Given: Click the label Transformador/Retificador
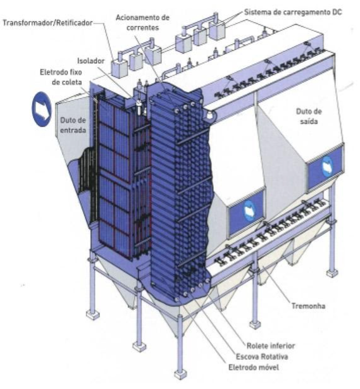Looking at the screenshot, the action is pyautogui.click(x=47, y=23).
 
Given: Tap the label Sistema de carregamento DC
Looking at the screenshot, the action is pyautogui.click(x=293, y=12).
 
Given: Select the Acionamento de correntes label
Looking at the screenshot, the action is pyautogui.click(x=142, y=23).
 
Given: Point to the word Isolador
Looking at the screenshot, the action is pyautogui.click(x=91, y=61).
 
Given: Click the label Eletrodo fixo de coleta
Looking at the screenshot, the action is pyautogui.click(x=61, y=77).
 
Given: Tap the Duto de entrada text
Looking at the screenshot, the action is pyautogui.click(x=73, y=125).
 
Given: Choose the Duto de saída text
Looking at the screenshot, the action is pyautogui.click(x=309, y=116).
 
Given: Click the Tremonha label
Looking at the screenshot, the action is pyautogui.click(x=308, y=306).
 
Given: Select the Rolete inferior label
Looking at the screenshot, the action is pyautogui.click(x=271, y=345).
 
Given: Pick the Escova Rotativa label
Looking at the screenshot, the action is pyautogui.click(x=262, y=357).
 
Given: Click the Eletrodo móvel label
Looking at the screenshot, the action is pyautogui.click(x=254, y=367).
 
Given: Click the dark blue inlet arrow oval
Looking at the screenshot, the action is pyautogui.click(x=41, y=109).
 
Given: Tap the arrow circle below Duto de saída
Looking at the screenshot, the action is pyautogui.click(x=327, y=167).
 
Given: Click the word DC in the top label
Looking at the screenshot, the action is pyautogui.click(x=337, y=12).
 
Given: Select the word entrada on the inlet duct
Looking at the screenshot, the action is pyautogui.click(x=73, y=130).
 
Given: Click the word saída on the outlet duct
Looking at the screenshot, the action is pyautogui.click(x=309, y=121).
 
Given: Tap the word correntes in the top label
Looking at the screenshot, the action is pyautogui.click(x=142, y=27).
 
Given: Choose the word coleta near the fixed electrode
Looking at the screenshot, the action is pyautogui.click(x=67, y=82).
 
